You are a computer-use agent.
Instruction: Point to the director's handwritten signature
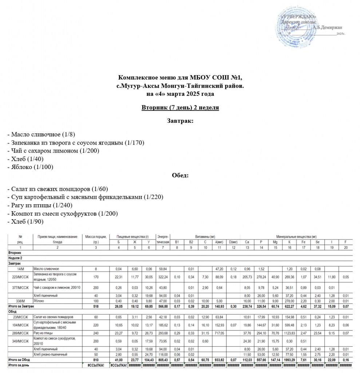click(293, 27)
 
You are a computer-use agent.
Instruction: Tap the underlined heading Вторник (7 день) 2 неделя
click(180, 108)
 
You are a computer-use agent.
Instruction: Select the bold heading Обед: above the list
click(180, 175)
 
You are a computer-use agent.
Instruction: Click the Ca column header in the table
click(247, 242)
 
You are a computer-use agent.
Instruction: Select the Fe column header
click(303, 242)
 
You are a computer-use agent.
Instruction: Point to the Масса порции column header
click(96, 237)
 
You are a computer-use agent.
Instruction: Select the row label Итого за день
click(20, 365)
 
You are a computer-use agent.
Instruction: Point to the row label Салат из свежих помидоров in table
click(54, 317)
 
